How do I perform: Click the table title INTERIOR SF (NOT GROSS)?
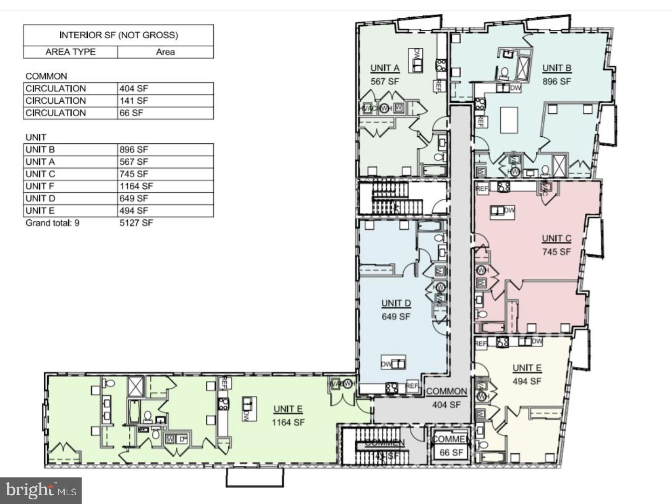click(x=119, y=35)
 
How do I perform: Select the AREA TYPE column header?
click(x=70, y=52)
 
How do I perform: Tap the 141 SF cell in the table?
click(x=133, y=100)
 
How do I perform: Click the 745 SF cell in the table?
click(x=133, y=174)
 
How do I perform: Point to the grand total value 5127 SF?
click(x=136, y=223)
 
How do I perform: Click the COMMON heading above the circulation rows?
click(x=46, y=76)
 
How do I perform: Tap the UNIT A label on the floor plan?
click(x=385, y=68)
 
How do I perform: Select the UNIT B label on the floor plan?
click(x=556, y=68)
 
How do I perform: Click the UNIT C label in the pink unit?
click(x=556, y=238)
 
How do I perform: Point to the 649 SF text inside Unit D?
click(x=396, y=316)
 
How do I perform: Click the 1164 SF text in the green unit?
click(x=288, y=422)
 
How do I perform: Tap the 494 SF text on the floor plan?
click(x=527, y=381)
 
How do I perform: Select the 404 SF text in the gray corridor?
click(x=446, y=405)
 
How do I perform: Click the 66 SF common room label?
click(x=451, y=452)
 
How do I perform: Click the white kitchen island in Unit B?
click(x=509, y=120)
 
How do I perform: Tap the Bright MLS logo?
click(x=41, y=490)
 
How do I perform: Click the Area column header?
click(x=165, y=52)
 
